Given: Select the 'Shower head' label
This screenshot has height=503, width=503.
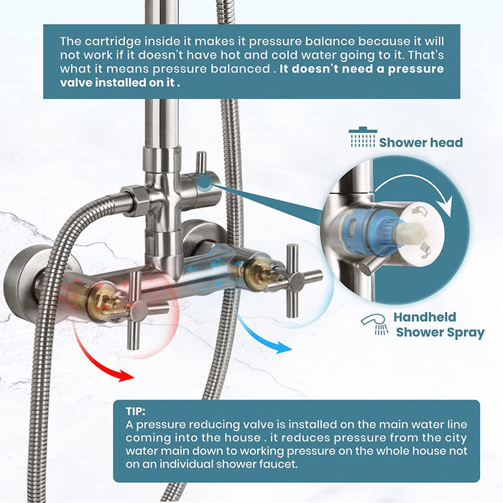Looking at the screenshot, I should (420, 142).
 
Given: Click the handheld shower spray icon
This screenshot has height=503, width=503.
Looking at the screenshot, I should (374, 324).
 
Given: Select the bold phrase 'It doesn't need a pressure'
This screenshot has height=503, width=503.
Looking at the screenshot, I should (361, 69).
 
